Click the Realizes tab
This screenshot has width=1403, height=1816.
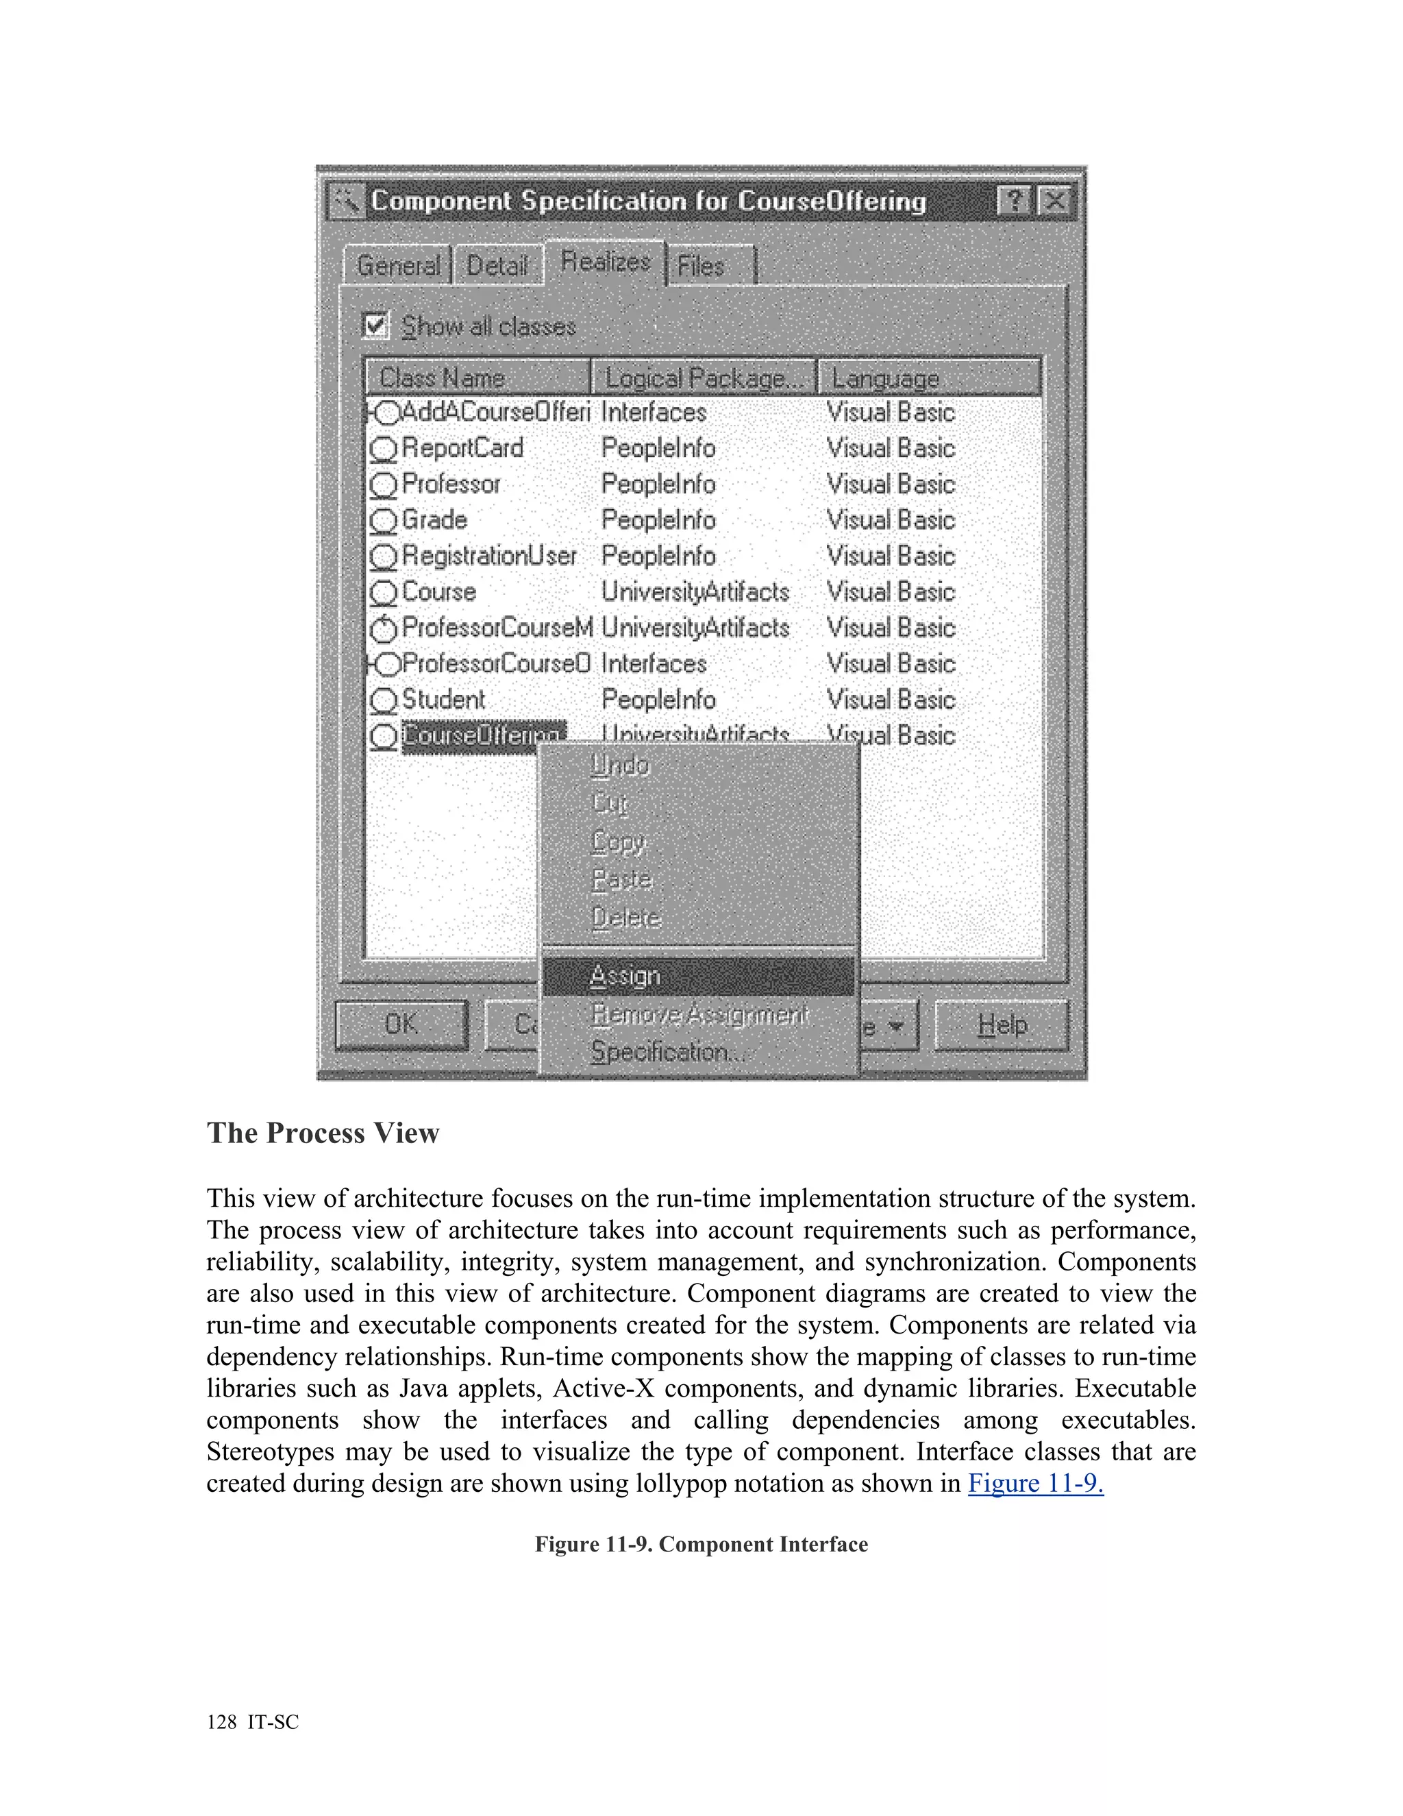pyautogui.click(x=605, y=262)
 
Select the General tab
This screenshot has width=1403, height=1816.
pyautogui.click(x=398, y=265)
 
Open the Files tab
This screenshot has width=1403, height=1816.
pyautogui.click(x=701, y=266)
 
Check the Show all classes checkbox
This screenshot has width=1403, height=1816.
pyautogui.click(x=375, y=325)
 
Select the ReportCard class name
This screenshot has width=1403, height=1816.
pyautogui.click(x=462, y=448)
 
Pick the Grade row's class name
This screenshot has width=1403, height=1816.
pyautogui.click(x=434, y=519)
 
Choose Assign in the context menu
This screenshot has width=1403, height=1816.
pyautogui.click(x=625, y=975)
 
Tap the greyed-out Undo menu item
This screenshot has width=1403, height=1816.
pyautogui.click(x=620, y=765)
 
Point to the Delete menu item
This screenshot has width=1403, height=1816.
pyautogui.click(x=626, y=918)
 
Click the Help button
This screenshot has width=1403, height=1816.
pyautogui.click(x=1002, y=1024)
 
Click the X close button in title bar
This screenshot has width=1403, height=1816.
pyautogui.click(x=1055, y=200)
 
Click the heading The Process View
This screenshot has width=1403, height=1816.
pyautogui.click(x=323, y=1133)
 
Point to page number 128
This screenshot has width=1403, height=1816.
pyautogui.click(x=221, y=1722)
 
